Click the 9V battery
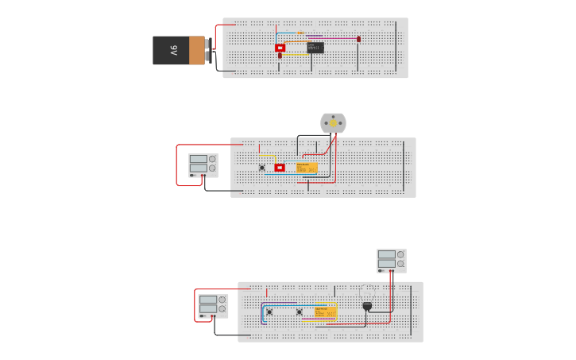[180, 50]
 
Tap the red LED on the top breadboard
[358, 39]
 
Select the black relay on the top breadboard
[315, 48]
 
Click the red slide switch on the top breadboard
[280, 48]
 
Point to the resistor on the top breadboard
[300, 33]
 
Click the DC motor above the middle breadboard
[333, 123]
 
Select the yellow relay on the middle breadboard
[307, 168]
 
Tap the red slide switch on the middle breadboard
[280, 168]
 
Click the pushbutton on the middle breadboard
[262, 168]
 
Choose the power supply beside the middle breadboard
[203, 165]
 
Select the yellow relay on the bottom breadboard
[326, 312]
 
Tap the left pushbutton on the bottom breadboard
[269, 312]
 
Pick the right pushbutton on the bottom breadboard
[300, 312]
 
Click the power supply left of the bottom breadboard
[213, 306]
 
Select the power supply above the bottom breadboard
[391, 261]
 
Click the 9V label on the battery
[173, 50]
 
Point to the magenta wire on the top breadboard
[334, 37]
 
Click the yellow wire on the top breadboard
[296, 54]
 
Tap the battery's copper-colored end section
[197, 50]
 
